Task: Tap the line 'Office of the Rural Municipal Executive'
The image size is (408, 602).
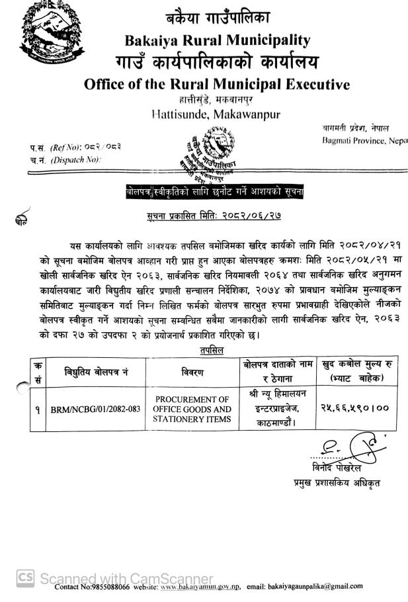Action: [x=217, y=84]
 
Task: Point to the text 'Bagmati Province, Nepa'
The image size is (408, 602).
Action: [x=364, y=141]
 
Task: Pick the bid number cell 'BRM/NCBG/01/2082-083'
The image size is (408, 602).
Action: [x=96, y=409]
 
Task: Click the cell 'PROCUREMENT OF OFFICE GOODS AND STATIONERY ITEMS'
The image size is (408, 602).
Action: [x=192, y=409]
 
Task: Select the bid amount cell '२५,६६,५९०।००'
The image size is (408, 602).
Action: [x=354, y=408]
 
